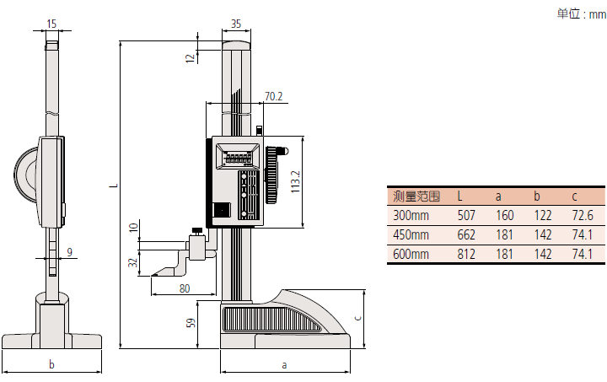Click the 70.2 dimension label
[273, 97]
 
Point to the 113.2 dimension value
[294, 181]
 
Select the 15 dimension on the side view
[51, 24]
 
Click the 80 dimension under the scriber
[185, 288]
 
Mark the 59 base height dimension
[191, 322]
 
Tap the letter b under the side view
[51, 365]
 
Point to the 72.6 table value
[583, 216]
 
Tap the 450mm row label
[411, 234]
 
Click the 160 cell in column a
[505, 216]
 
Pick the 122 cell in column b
[543, 216]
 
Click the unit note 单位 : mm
[580, 14]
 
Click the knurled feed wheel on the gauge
[272, 175]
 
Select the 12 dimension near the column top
[190, 56]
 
